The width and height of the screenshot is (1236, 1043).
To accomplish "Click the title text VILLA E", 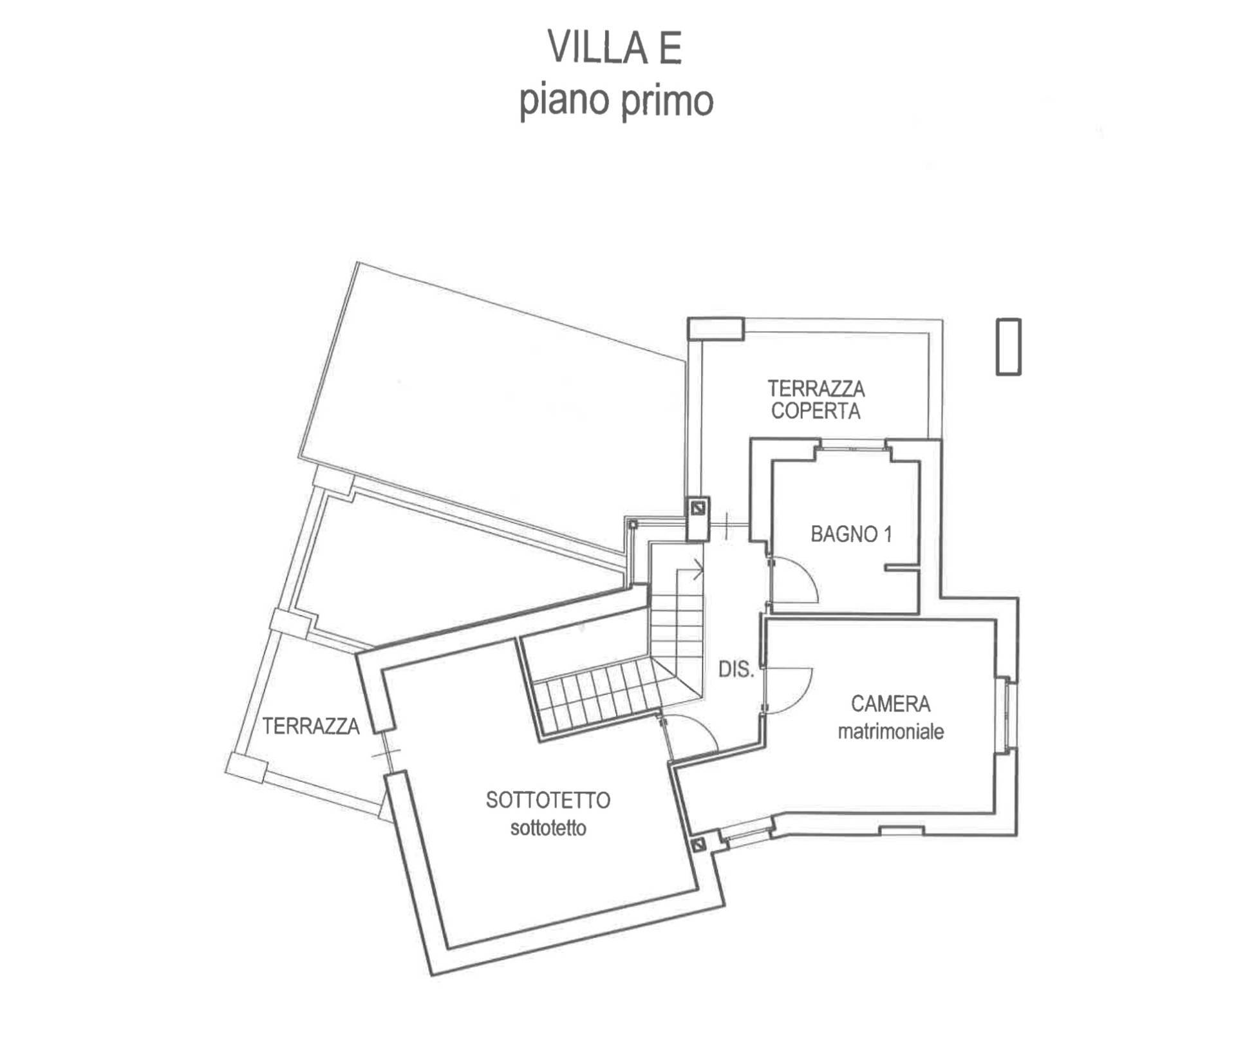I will [615, 48].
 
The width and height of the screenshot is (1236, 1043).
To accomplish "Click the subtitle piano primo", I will [616, 102].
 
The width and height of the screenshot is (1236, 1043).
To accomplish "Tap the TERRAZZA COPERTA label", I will [816, 400].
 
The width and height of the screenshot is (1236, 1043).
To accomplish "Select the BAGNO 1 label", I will [851, 534].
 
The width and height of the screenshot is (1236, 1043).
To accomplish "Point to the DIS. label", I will [736, 670].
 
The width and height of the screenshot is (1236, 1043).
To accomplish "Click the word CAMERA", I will [890, 704].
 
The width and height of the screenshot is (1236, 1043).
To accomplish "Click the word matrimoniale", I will [890, 731].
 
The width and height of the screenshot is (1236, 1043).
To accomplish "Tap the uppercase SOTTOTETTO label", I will [548, 800].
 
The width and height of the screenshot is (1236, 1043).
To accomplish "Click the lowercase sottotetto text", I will [548, 828].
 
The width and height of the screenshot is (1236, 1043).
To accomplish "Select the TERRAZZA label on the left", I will [310, 726].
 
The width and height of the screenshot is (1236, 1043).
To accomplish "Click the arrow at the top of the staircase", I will [697, 569].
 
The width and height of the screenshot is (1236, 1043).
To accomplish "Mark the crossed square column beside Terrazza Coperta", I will [697, 509].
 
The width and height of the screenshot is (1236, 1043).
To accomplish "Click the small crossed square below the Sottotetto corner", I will [698, 844].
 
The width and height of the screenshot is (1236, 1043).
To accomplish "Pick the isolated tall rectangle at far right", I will [1008, 346].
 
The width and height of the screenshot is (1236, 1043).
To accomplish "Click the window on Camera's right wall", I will [1009, 715].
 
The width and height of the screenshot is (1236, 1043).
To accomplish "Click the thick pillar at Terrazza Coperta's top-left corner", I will [715, 328].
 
